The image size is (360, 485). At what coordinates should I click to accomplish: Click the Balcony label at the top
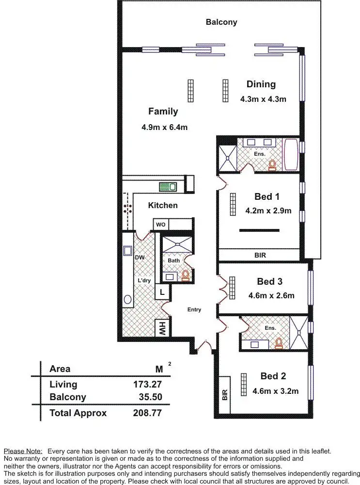tap(221, 22)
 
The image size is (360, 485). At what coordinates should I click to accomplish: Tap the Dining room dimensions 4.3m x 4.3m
tap(263, 99)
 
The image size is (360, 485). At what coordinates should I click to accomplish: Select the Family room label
tap(163, 112)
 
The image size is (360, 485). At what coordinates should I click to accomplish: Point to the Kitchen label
tap(163, 205)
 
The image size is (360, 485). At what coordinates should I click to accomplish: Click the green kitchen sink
tap(168, 186)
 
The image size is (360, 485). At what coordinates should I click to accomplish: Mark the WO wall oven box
tap(160, 225)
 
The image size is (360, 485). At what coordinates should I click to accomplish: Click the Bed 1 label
tap(267, 197)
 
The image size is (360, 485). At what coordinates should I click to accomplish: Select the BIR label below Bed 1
tap(260, 255)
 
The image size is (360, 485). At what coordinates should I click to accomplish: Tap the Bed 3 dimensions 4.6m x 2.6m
tap(271, 295)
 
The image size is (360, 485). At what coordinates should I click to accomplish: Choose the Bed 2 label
tap(273, 376)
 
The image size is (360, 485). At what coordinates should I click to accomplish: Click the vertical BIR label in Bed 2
tap(224, 395)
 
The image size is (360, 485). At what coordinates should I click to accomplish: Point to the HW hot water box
tap(160, 329)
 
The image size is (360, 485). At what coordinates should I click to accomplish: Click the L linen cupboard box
tap(162, 292)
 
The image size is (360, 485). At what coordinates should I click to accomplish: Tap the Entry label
tap(194, 309)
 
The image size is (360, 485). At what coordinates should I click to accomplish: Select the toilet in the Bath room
tap(185, 275)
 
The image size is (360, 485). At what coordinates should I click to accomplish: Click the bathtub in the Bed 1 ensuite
tap(291, 155)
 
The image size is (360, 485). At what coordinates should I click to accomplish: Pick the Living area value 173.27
tap(147, 385)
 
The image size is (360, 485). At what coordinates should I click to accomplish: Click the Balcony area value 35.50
tap(150, 397)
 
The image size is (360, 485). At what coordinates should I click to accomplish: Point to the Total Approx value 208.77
tap(147, 414)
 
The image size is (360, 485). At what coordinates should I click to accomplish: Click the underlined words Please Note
tap(23, 451)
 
